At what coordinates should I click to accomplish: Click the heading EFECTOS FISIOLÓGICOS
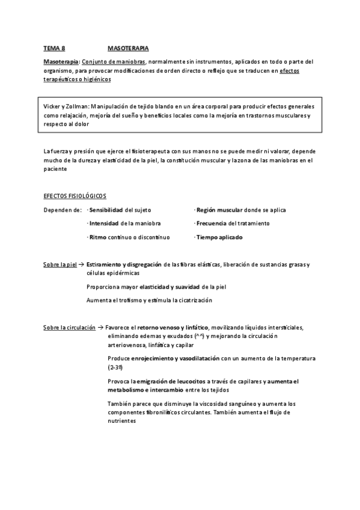pos(74,197)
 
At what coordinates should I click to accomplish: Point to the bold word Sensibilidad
pos(106,210)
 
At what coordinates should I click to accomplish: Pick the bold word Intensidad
pos(105,223)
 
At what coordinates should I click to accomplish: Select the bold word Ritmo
pos(97,237)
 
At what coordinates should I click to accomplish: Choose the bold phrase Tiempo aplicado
pos(219,237)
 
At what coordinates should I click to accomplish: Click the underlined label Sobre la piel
pos(60,265)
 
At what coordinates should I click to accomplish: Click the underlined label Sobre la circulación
pos(69,327)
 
